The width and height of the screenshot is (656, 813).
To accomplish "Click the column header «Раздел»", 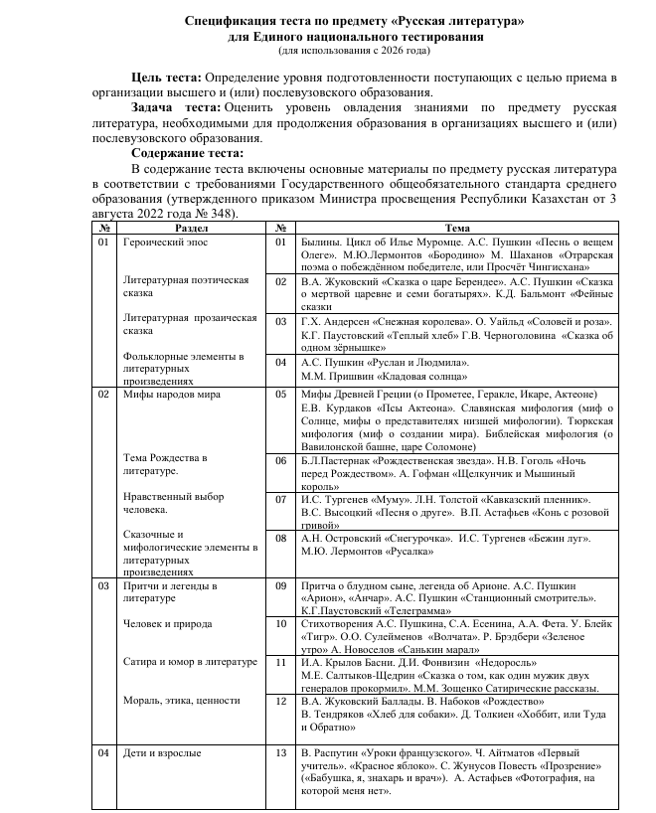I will point(191,229).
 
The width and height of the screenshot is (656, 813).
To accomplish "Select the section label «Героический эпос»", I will point(165,242).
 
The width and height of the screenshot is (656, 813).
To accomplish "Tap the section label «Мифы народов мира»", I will point(172,395).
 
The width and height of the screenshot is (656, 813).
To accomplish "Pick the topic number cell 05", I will point(280,395).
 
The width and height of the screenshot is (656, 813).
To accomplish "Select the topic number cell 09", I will point(280,586).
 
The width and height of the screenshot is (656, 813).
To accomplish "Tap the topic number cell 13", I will point(280,753).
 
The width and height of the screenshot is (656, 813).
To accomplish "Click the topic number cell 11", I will point(280,661).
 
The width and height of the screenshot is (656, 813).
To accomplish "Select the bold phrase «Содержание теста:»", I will point(187,153).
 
